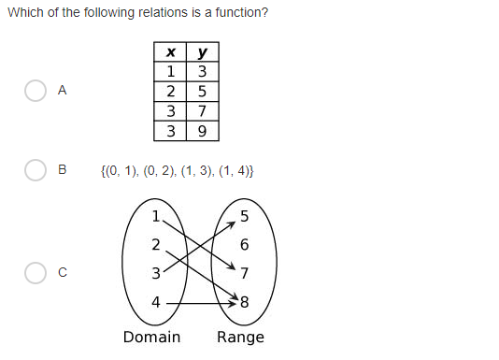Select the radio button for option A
coord(36,91)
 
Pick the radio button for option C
coord(36,273)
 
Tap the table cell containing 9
coord(202,131)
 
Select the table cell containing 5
coord(202,92)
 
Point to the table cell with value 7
coord(202,111)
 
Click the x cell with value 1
coord(170,72)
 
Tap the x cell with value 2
coord(170,92)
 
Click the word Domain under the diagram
coord(151,338)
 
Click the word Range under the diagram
coord(240,338)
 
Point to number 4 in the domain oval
coord(156,302)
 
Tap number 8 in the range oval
coord(245,302)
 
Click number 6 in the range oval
coord(245,245)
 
